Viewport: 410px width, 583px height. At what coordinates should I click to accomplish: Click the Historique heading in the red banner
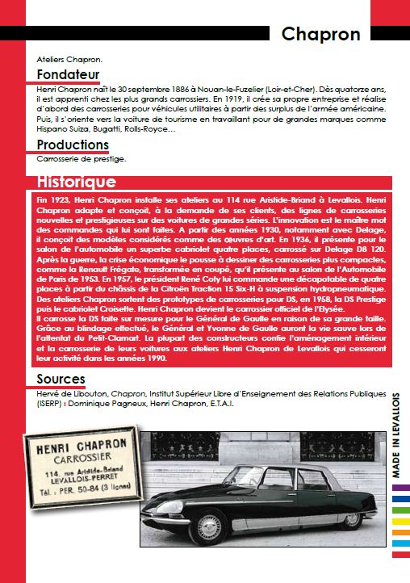click(77, 182)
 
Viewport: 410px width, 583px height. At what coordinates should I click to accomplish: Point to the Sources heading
click(61, 380)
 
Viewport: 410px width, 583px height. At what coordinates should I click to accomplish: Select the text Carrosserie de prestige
click(81, 158)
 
